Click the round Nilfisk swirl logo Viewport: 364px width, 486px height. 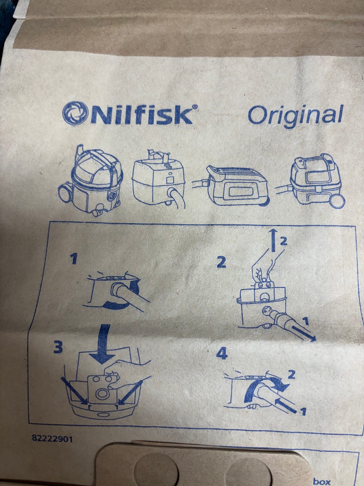point(74,113)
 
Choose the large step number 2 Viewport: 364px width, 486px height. point(221,263)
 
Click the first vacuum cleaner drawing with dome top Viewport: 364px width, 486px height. point(91,180)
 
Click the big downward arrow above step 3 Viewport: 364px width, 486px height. point(102,344)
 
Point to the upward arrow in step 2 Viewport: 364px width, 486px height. point(273,240)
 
